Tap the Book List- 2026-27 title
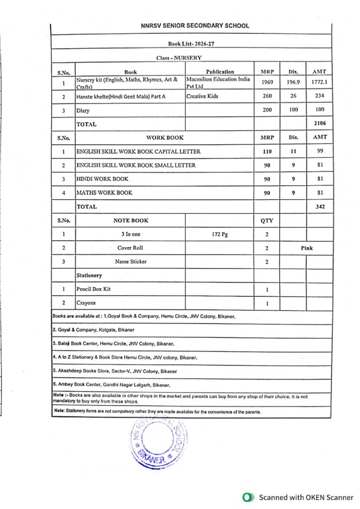click(x=191, y=44)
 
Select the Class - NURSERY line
click(x=179, y=58)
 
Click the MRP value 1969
click(x=267, y=83)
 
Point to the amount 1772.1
click(x=319, y=83)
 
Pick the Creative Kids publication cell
click(x=202, y=96)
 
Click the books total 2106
click(x=319, y=124)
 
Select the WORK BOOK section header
click(x=165, y=137)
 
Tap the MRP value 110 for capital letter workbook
click(x=267, y=151)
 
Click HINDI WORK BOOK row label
click(x=102, y=179)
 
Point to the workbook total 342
click(x=320, y=206)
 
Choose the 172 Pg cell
click(x=219, y=234)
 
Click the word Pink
click(x=307, y=248)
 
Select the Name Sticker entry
click(x=131, y=261)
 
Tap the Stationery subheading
click(x=89, y=275)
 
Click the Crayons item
click(x=86, y=302)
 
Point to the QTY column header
click(x=267, y=220)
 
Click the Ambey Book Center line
click(x=112, y=385)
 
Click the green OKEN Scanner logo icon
click(x=247, y=497)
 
